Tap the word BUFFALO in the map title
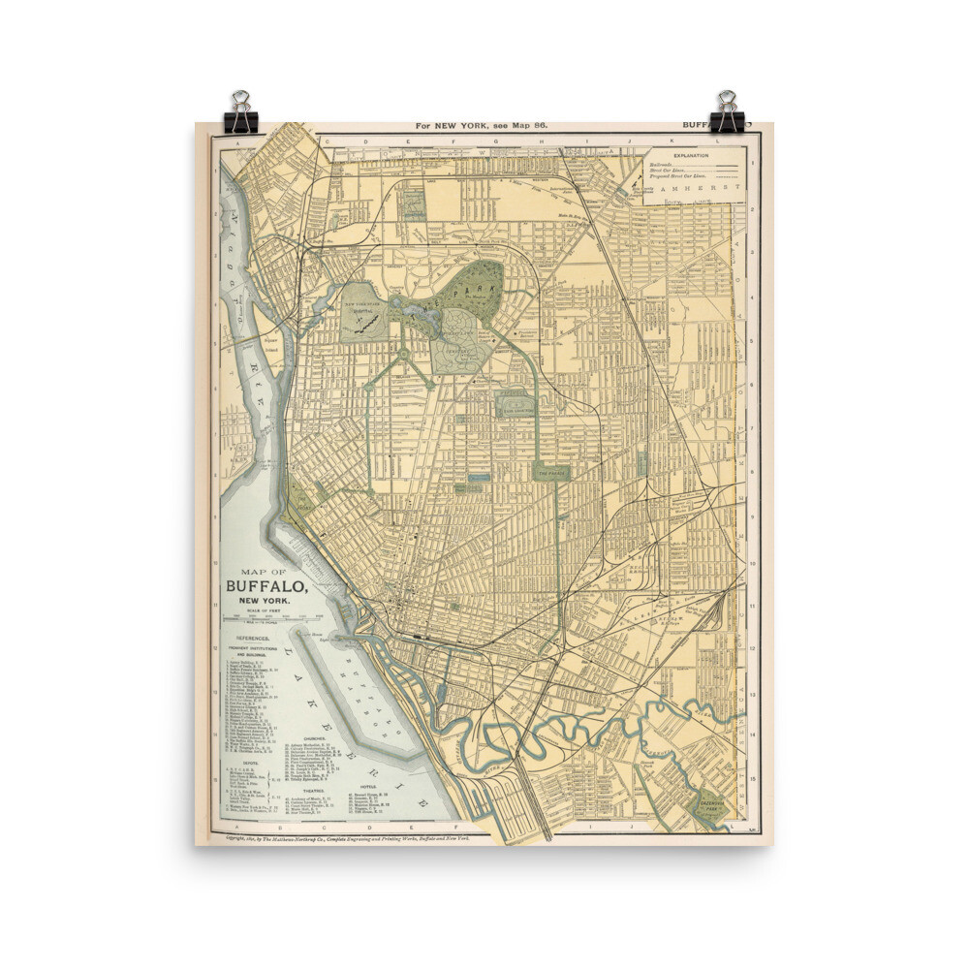pyautogui.click(x=267, y=585)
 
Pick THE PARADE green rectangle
pyautogui.click(x=551, y=472)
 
